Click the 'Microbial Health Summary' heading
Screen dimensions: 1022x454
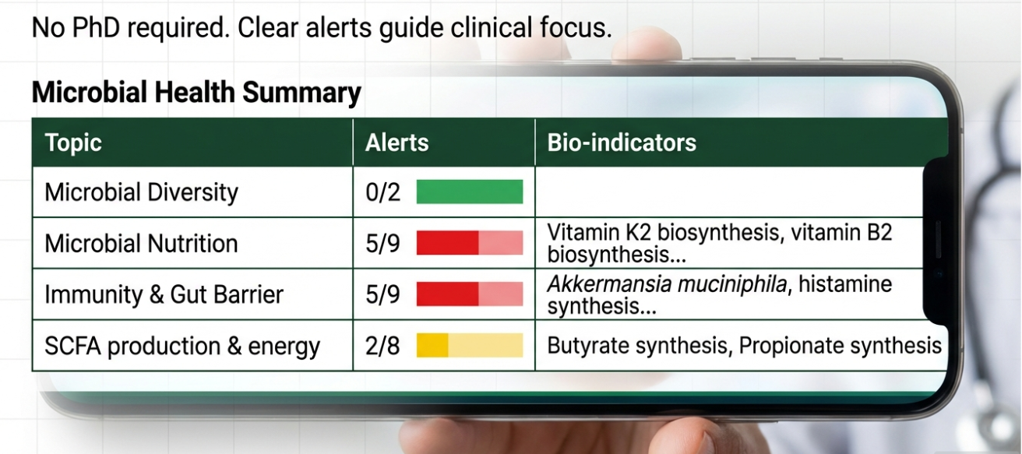[x=196, y=93]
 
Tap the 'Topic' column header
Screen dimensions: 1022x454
[x=73, y=143]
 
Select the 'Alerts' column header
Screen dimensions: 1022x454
[x=397, y=143]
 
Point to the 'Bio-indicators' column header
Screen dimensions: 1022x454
[x=622, y=143]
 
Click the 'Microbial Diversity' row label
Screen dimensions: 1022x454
[x=142, y=192]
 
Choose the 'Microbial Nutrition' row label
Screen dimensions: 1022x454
[x=142, y=243]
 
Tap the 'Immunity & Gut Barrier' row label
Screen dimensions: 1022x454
[x=164, y=294]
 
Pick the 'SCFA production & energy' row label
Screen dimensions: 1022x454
[x=182, y=346]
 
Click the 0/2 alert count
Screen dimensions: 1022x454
[x=382, y=192]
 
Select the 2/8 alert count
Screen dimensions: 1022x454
[x=382, y=346]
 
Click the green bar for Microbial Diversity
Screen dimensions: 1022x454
[x=470, y=192]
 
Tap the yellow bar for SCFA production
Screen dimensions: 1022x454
[x=470, y=346]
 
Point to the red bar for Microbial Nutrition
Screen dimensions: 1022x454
[x=470, y=243]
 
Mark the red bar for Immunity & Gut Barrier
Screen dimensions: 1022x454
[x=470, y=294]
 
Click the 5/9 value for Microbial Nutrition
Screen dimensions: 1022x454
[x=382, y=243]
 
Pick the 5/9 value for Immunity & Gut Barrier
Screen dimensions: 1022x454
[x=382, y=294]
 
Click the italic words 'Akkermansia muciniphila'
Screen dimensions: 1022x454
[x=667, y=284]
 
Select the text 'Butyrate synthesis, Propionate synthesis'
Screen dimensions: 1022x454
[x=744, y=346]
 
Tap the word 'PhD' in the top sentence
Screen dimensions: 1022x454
[x=96, y=27]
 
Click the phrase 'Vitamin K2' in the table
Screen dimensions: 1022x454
[x=598, y=232]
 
